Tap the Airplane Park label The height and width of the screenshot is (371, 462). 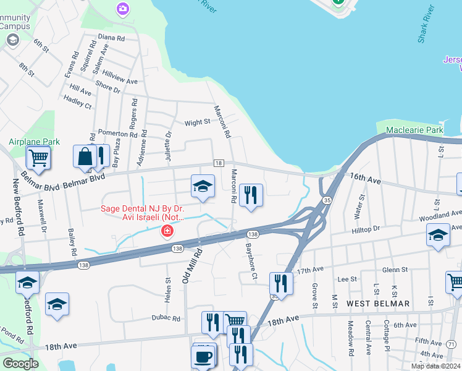tap(34, 142)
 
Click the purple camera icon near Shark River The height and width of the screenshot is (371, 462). tap(123, 9)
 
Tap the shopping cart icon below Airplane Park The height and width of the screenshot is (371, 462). tap(38, 158)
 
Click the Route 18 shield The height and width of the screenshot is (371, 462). tap(219, 163)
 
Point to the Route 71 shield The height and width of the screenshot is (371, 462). tap(451, 344)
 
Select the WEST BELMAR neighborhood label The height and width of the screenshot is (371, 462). tap(378, 304)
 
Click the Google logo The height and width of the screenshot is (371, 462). tap(20, 364)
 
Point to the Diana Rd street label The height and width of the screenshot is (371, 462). tap(111, 38)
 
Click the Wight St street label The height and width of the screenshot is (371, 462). tap(198, 122)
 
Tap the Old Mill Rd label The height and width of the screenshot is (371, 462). tap(193, 266)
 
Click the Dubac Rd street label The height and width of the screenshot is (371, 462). tap(166, 318)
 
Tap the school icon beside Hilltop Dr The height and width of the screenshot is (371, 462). tap(438, 235)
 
